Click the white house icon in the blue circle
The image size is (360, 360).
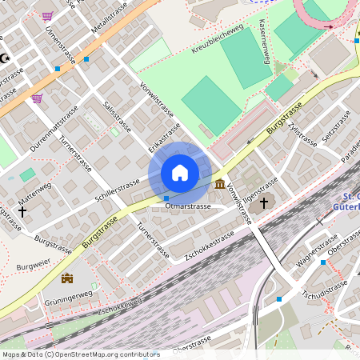point(180,172)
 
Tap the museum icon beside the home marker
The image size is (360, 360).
point(220,186)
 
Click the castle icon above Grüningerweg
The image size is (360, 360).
point(67,278)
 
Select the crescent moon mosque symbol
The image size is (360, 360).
point(5,58)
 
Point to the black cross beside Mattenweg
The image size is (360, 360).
point(22,212)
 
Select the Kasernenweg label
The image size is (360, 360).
point(263,39)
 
